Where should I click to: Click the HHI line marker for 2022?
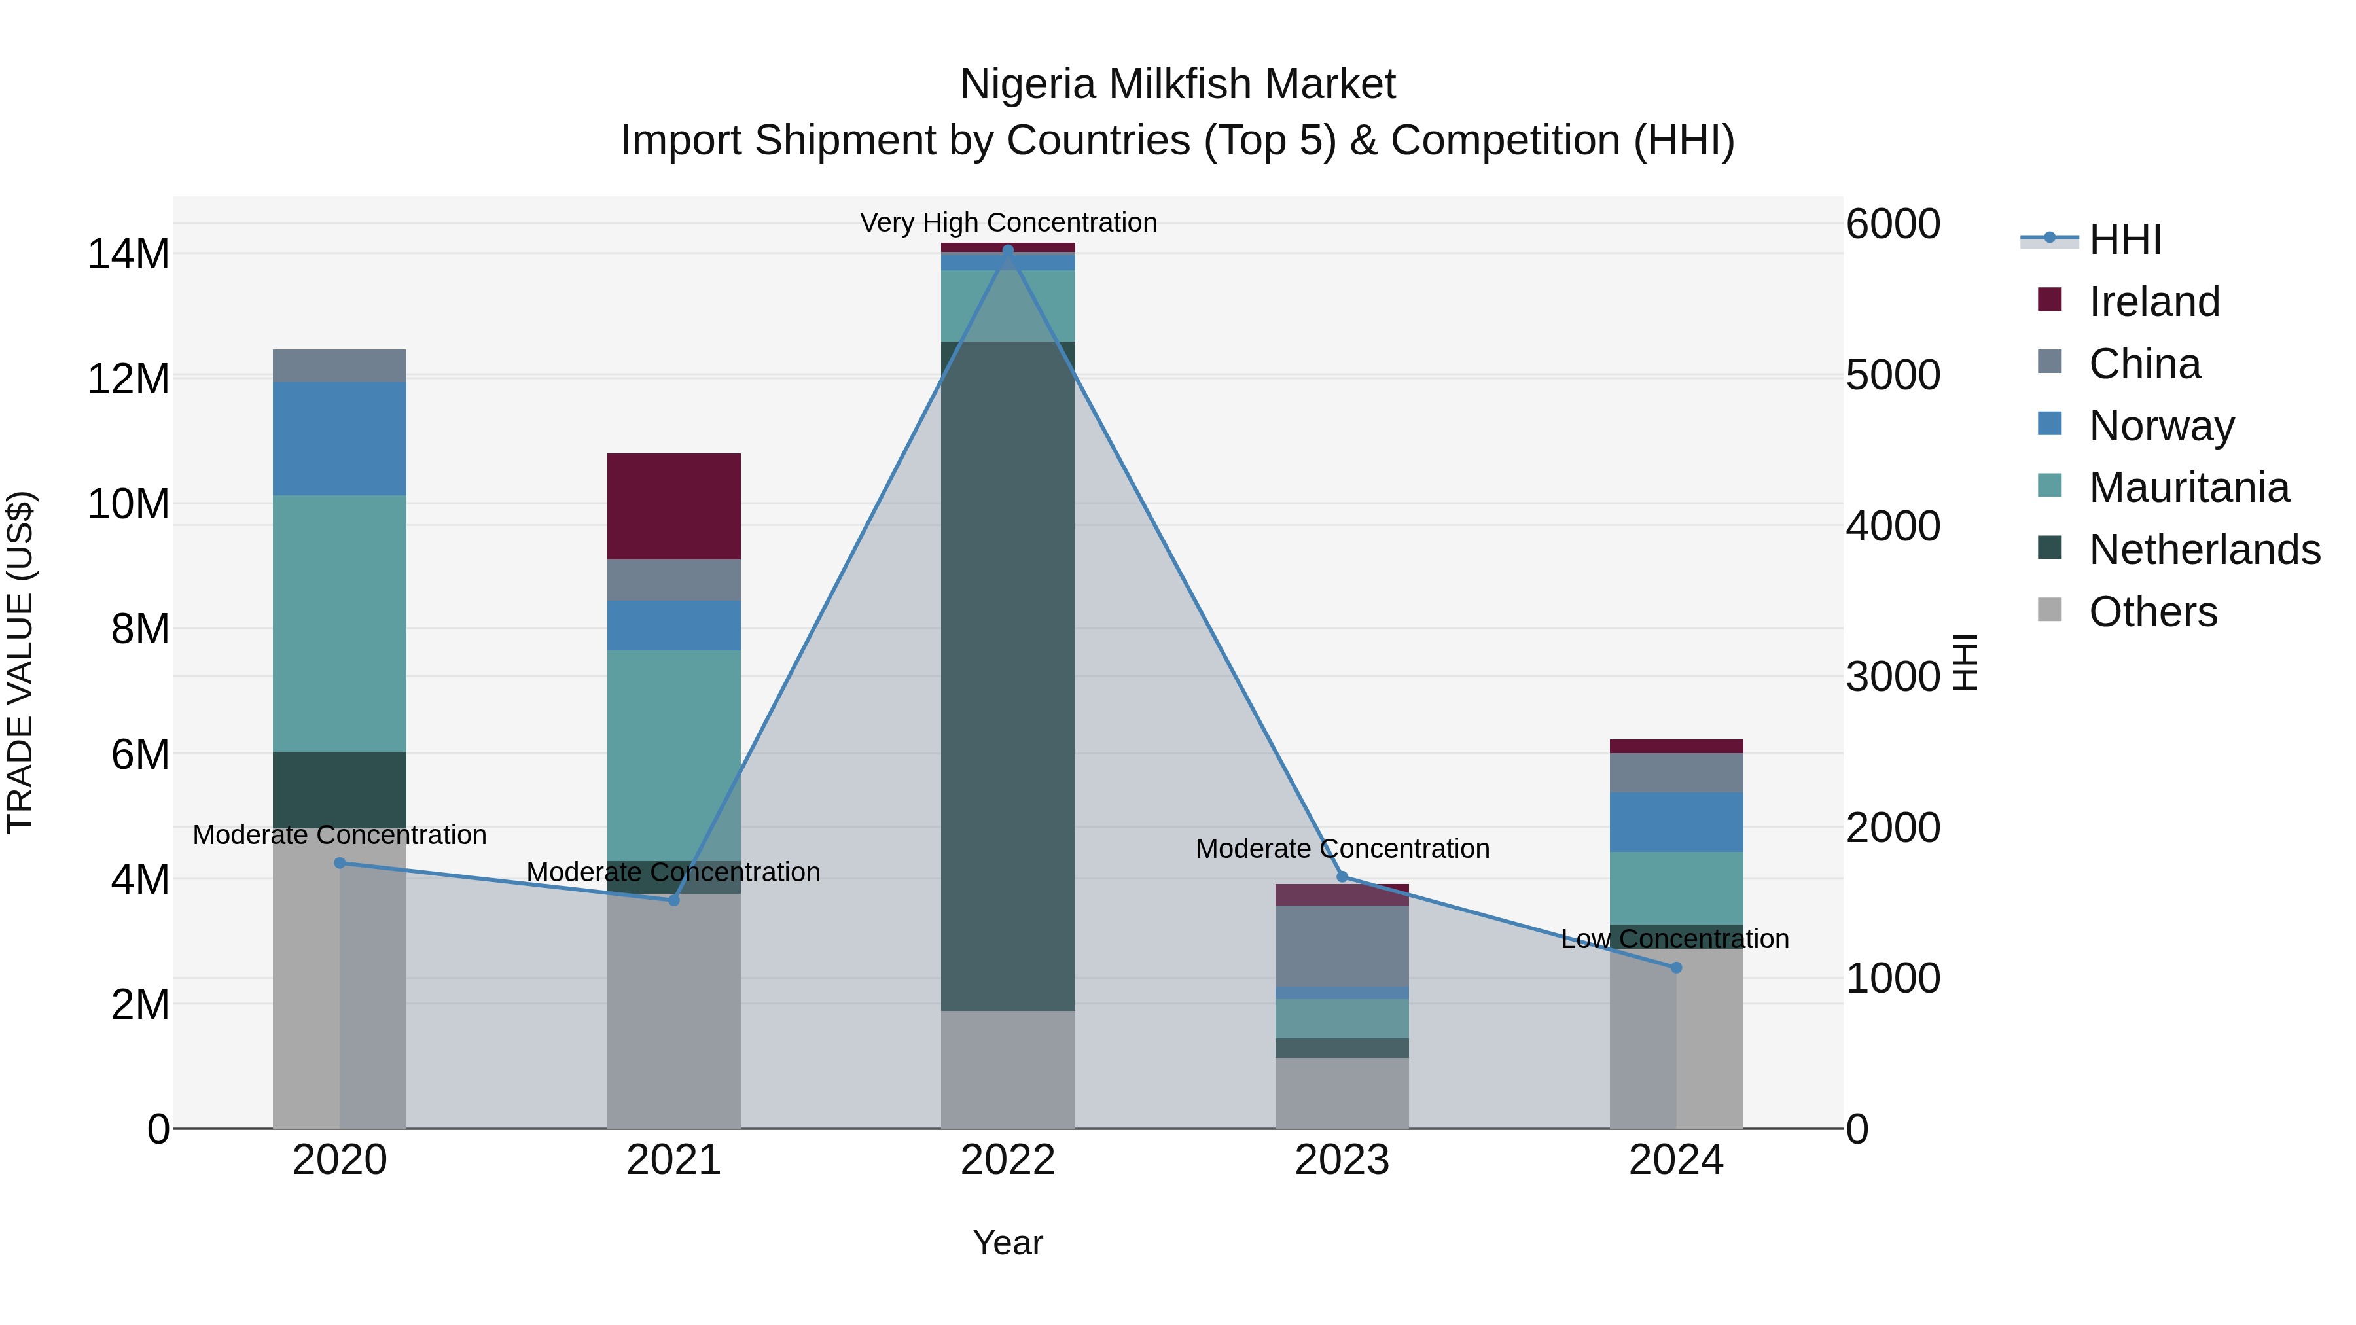click(x=1008, y=250)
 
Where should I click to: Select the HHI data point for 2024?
click(x=1675, y=968)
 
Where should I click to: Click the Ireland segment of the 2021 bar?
click(x=673, y=506)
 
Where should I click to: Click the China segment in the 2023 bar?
click(x=1342, y=945)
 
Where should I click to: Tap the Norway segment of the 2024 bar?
click(x=1675, y=821)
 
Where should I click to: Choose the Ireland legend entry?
click(x=2153, y=302)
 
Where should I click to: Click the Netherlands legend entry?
click(x=2204, y=550)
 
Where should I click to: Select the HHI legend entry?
click(x=2124, y=239)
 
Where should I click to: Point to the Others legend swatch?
click(x=2050, y=610)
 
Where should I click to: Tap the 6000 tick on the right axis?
click(x=1892, y=224)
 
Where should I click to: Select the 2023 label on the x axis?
click(x=1342, y=1160)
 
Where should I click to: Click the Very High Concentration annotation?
click(x=1008, y=222)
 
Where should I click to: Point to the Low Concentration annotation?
click(x=1673, y=938)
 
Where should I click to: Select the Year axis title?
click(x=1007, y=1243)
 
